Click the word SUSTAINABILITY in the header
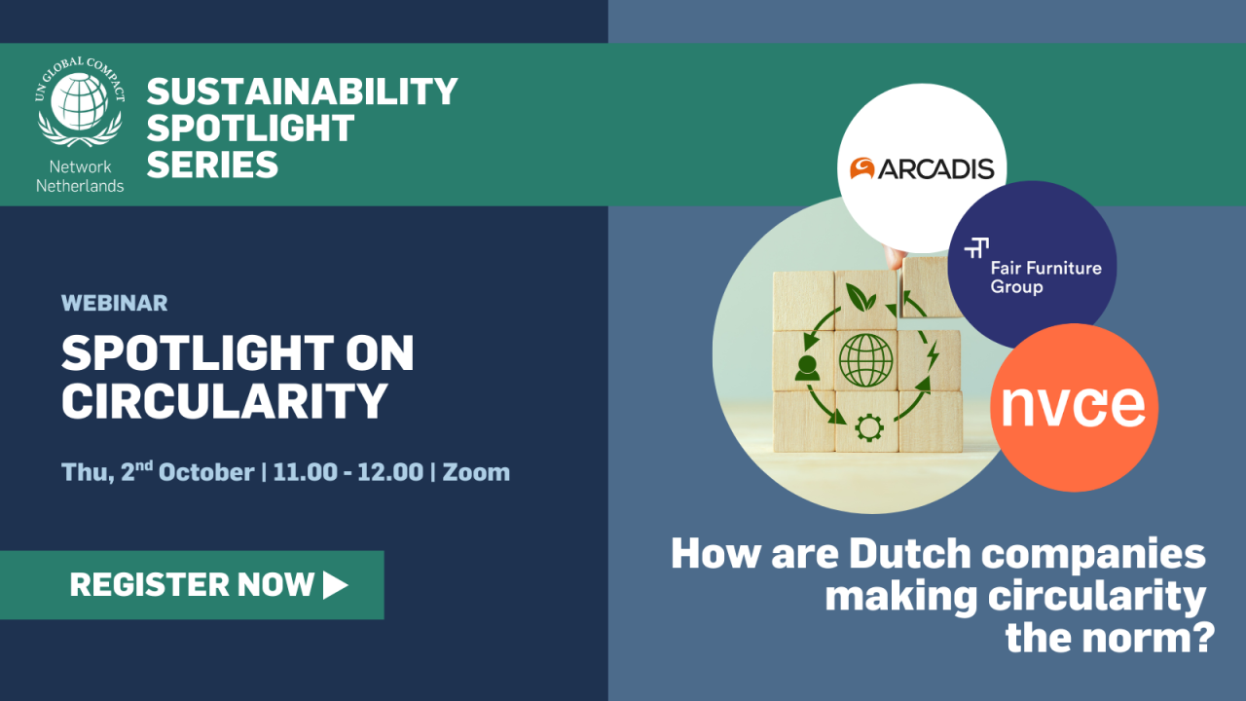point(302,92)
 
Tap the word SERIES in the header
point(212,164)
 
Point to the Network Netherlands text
point(80,176)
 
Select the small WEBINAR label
point(114,303)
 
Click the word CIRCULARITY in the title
point(225,400)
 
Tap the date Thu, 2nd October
point(158,472)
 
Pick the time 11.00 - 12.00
point(348,472)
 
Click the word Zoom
point(476,472)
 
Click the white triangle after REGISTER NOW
point(335,584)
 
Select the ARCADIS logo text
point(935,169)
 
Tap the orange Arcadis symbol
point(861,169)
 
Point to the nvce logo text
point(1073,407)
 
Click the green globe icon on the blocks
point(865,361)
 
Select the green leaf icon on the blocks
point(860,295)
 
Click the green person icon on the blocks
point(807,368)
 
